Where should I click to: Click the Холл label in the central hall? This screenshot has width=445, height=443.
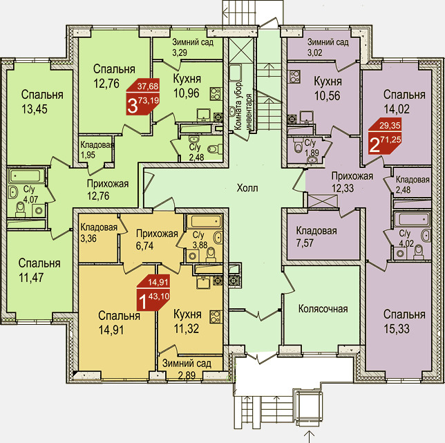pos(247,188)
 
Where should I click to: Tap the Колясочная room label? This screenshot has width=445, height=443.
pos(323,309)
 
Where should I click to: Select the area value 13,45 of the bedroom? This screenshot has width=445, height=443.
pos(35,109)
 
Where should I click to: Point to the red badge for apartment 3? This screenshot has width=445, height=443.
pos(143,97)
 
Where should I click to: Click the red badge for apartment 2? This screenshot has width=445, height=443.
pos(385,136)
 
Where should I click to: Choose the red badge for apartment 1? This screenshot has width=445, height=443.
pos(153,292)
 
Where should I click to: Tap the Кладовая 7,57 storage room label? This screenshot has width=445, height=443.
pos(316,236)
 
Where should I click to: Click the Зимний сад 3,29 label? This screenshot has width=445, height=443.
pos(193,48)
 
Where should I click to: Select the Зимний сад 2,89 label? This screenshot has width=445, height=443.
pos(187,369)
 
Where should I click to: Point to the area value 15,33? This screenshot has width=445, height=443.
pos(397,329)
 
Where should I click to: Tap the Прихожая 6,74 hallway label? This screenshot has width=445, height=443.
pos(157,240)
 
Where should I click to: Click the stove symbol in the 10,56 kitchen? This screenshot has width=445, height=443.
pos(295,77)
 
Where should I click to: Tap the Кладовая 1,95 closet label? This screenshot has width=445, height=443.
pos(97,150)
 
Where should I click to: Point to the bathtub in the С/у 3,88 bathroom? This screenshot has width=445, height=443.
pos(206,220)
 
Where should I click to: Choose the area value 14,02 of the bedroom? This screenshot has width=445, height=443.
pos(397,109)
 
